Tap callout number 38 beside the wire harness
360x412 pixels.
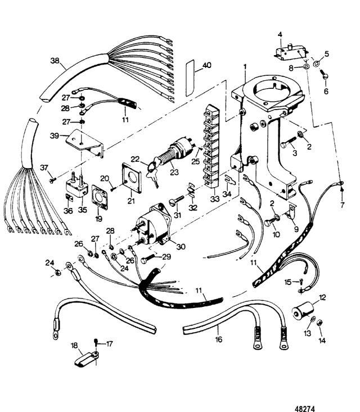(55, 61)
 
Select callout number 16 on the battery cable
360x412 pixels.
(218, 339)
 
